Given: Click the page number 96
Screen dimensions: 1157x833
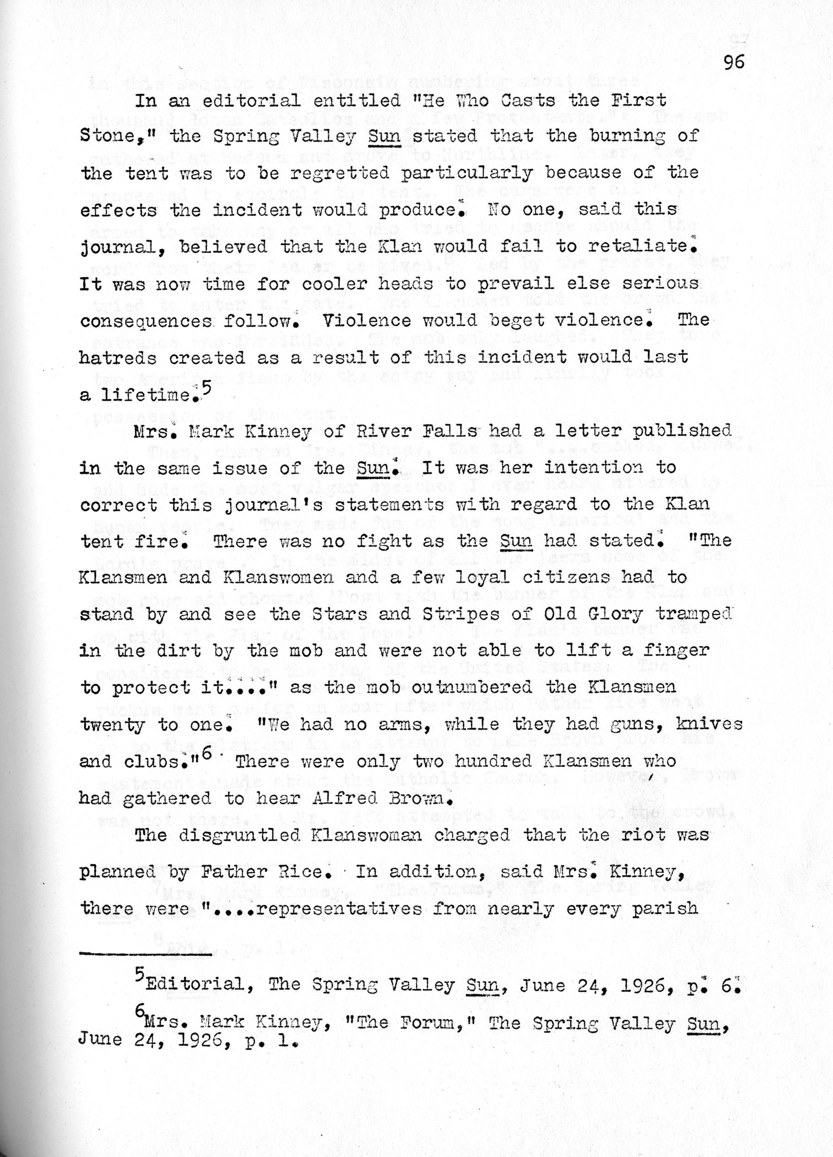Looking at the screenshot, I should coord(734,62).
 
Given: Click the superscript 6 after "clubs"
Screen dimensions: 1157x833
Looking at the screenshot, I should coord(205,756).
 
